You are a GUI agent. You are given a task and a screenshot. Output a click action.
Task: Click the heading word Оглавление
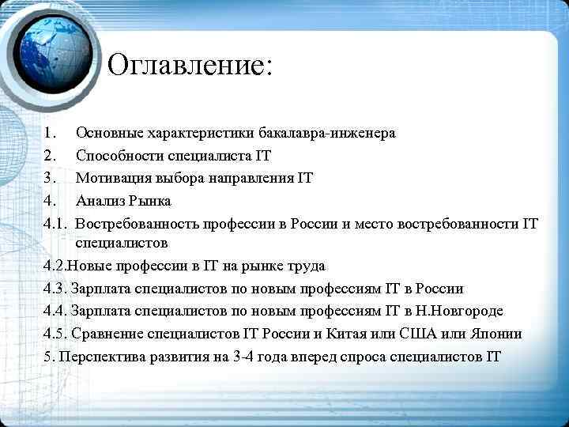pos(188,65)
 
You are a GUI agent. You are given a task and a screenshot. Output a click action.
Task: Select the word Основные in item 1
pos(109,132)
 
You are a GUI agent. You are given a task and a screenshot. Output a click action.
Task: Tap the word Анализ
pos(98,201)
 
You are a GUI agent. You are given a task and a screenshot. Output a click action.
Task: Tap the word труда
pos(307,266)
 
